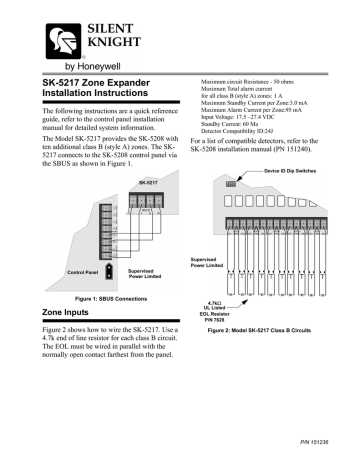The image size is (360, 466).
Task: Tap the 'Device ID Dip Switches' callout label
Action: [284, 145]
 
